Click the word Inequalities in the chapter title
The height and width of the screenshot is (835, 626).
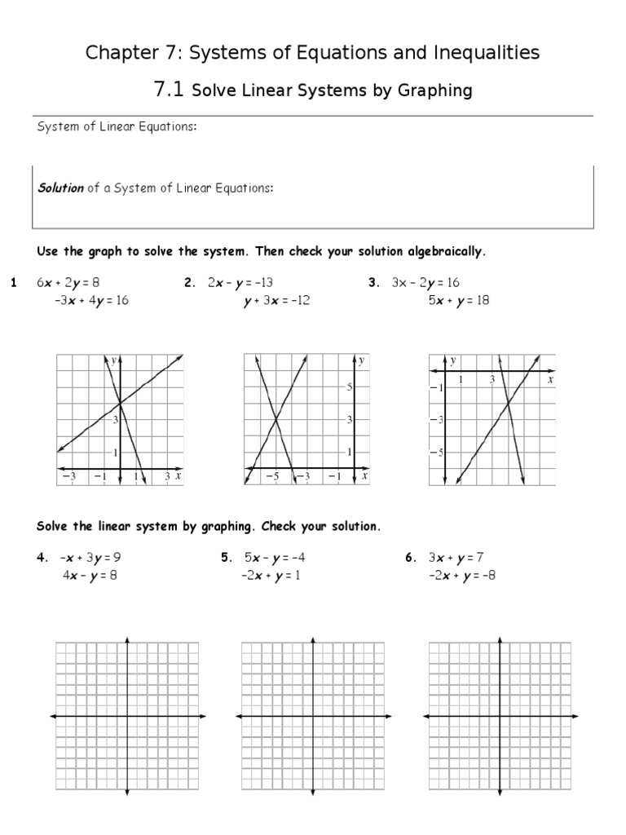tap(489, 53)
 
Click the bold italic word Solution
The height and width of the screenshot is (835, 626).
tap(61, 188)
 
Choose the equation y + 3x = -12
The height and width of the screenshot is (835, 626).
tap(266, 300)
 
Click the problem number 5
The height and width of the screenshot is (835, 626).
tap(226, 559)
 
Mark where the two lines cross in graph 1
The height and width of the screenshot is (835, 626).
tap(120, 403)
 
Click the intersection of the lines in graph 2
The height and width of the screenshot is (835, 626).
tap(277, 419)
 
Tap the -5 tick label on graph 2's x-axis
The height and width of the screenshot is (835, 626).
tap(277, 476)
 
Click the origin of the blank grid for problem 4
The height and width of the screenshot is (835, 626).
tap(127, 716)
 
